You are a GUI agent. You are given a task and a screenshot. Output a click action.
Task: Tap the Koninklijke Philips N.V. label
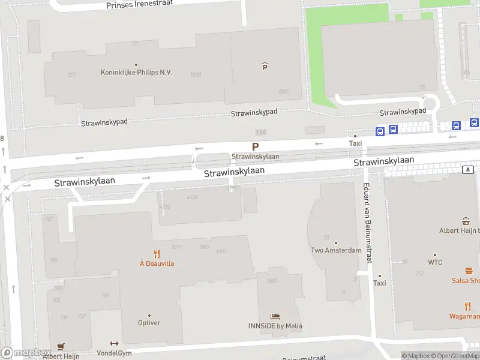click(136, 72)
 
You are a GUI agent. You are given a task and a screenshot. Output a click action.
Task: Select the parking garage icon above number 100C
click(265, 67)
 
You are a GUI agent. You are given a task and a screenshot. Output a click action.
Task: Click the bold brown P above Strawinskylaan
click(255, 146)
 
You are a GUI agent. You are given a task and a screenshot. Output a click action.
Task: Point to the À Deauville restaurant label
click(157, 263)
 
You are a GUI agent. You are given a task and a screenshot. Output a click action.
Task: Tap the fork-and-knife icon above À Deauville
click(157, 254)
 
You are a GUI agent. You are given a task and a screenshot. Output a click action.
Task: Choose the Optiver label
click(149, 323)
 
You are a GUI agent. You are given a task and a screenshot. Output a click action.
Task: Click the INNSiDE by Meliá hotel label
click(275, 326)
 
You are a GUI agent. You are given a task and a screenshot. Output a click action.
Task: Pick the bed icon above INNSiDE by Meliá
click(275, 316)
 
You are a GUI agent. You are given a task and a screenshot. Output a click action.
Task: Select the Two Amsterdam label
click(336, 250)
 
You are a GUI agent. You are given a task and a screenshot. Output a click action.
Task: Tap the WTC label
click(435, 262)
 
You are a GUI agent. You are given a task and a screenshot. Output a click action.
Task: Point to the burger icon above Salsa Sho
click(469, 271)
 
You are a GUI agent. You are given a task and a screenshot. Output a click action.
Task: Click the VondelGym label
click(114, 353)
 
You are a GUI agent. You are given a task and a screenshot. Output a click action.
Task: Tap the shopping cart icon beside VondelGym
click(60, 347)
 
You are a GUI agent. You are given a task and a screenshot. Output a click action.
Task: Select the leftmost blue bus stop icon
click(380, 131)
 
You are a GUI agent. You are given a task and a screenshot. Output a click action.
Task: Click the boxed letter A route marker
click(467, 170)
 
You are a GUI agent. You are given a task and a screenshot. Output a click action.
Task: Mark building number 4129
click(192, 197)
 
